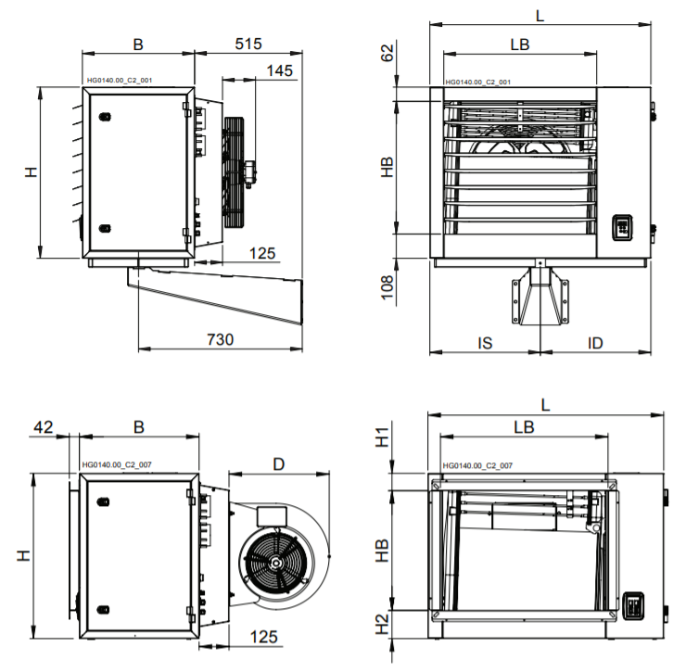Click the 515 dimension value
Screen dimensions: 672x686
pyautogui.click(x=248, y=43)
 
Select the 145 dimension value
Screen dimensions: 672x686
pyautogui.click(x=279, y=70)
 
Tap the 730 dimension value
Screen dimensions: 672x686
pyautogui.click(x=219, y=339)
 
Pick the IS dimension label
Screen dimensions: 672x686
pyautogui.click(x=484, y=343)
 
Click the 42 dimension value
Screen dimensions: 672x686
pyautogui.click(x=43, y=426)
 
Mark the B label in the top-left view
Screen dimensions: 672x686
pyautogui.click(x=138, y=43)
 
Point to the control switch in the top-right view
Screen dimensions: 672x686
pyautogui.click(x=623, y=228)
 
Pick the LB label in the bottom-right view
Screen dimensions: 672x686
pyautogui.click(x=524, y=426)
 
